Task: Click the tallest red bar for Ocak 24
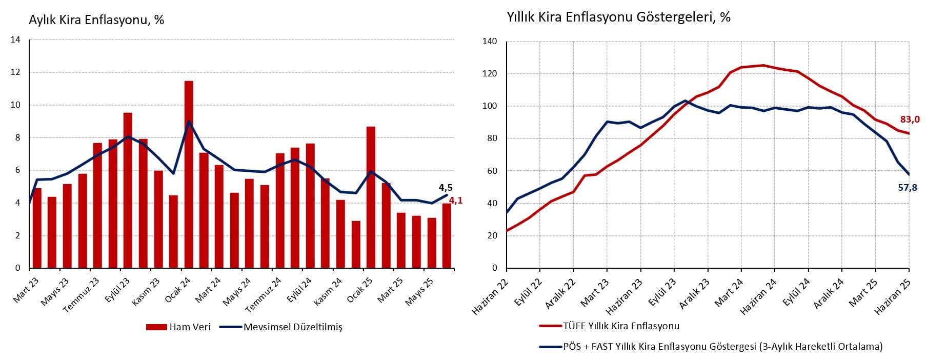189,174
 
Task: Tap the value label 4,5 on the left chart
446,188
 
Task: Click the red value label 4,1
456,201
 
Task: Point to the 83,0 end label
910,119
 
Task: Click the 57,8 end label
908,188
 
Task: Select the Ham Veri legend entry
178,327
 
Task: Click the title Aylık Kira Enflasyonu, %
96,20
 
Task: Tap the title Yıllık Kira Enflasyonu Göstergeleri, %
619,17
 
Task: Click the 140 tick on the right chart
490,42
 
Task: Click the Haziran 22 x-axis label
485,297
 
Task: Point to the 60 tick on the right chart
492,171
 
